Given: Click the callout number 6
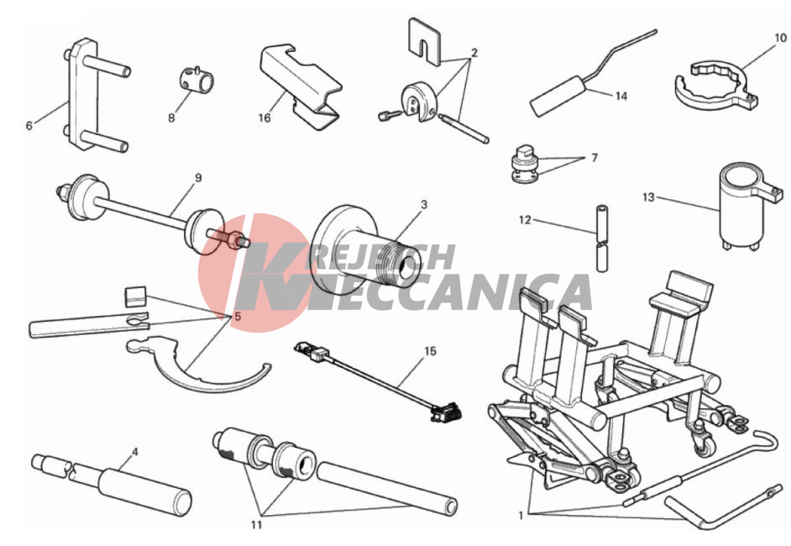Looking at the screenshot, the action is pyautogui.click(x=29, y=125).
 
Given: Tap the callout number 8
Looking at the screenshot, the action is pyautogui.click(x=171, y=118).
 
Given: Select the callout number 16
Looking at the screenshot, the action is pyautogui.click(x=265, y=118).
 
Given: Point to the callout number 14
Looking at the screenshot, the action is pyautogui.click(x=621, y=96).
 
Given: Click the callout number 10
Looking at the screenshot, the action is pyautogui.click(x=780, y=38).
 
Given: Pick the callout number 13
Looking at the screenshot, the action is pyautogui.click(x=648, y=197).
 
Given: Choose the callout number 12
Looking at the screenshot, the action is pyautogui.click(x=525, y=219).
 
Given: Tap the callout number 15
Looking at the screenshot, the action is pyautogui.click(x=430, y=351).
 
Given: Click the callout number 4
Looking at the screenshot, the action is pyautogui.click(x=134, y=452).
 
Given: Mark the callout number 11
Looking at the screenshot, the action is pyautogui.click(x=256, y=525).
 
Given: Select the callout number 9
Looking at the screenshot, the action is pyautogui.click(x=198, y=177).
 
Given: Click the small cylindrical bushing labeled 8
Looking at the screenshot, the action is pyautogui.click(x=196, y=80).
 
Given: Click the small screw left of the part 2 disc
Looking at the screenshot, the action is pyautogui.click(x=389, y=116).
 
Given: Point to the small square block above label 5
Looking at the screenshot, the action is pyautogui.click(x=135, y=297).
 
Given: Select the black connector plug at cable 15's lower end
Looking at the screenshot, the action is pyautogui.click(x=446, y=412).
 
